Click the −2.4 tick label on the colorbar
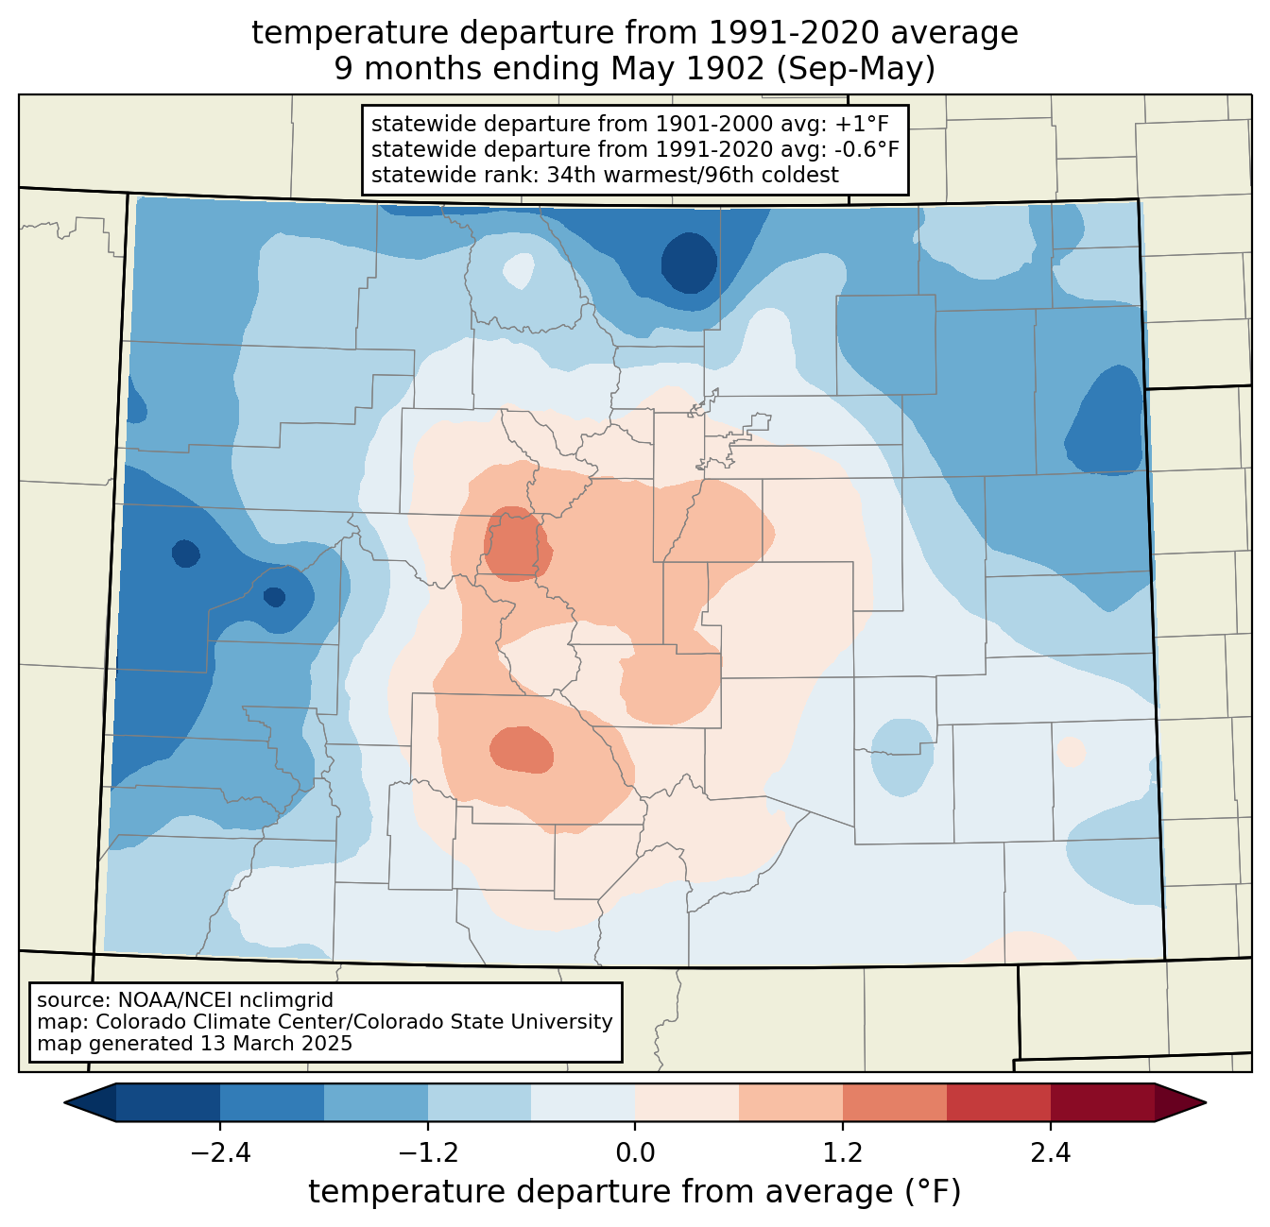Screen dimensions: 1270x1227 pos(220,1152)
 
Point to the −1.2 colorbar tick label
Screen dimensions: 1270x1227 pos(428,1152)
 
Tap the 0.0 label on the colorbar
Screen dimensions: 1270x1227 pos(635,1152)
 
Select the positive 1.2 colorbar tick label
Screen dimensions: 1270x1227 pos(843,1152)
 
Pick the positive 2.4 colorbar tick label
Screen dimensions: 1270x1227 pos(1051,1152)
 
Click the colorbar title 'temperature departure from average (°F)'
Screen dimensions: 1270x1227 pos(635,1191)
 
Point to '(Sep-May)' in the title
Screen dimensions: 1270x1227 pos(855,69)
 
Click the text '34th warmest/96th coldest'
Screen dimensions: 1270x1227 pos(693,175)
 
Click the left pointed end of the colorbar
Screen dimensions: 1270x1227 pos(65,1103)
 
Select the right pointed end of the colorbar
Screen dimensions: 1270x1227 pos(1205,1103)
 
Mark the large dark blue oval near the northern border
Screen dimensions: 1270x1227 pos(689,263)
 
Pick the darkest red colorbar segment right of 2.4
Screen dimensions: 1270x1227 pos(1103,1103)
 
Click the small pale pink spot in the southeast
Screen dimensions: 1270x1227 pos(1071,752)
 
